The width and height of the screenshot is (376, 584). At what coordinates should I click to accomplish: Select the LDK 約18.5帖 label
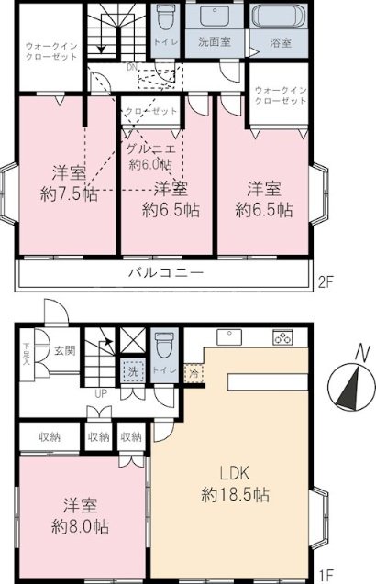pos(236,485)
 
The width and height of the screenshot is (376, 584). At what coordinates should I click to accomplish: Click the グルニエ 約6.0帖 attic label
pos(150,158)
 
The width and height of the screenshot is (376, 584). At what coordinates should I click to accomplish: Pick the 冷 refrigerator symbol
pos(194,373)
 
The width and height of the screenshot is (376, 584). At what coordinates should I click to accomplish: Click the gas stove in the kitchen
pos(282,336)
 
